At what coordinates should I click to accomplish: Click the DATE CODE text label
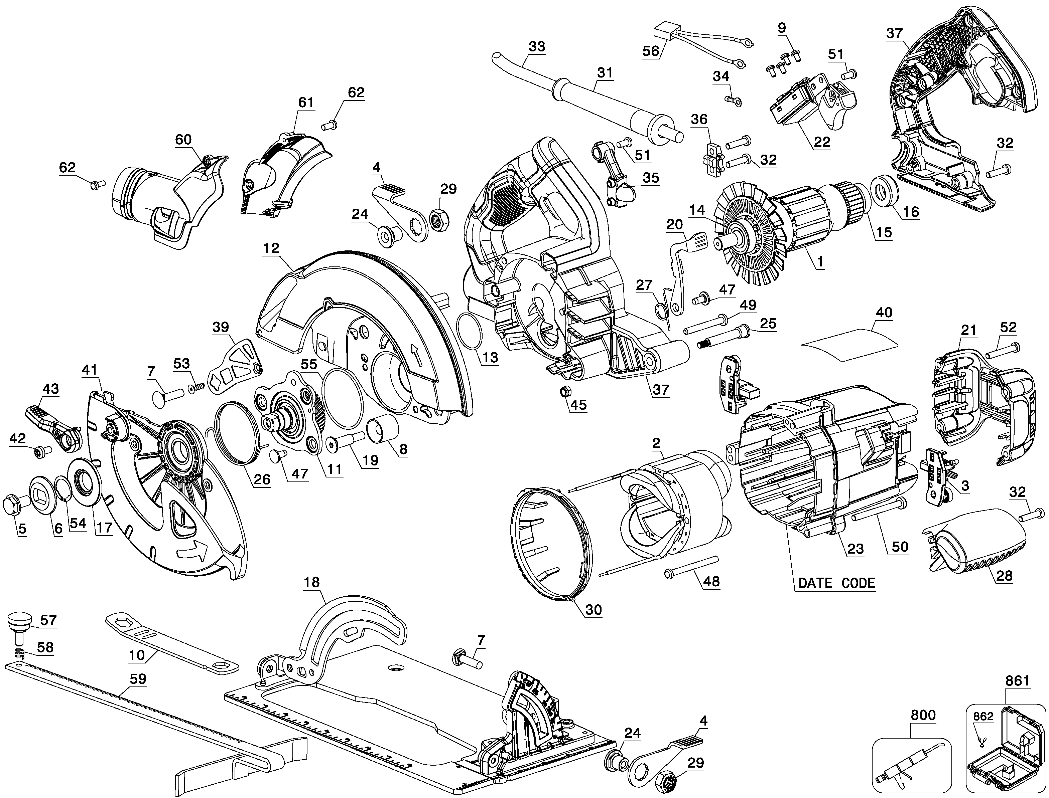coord(836,583)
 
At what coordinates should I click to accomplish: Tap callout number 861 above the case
coord(1017,681)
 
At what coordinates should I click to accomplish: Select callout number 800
coord(923,715)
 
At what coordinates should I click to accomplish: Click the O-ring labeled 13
coord(469,333)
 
